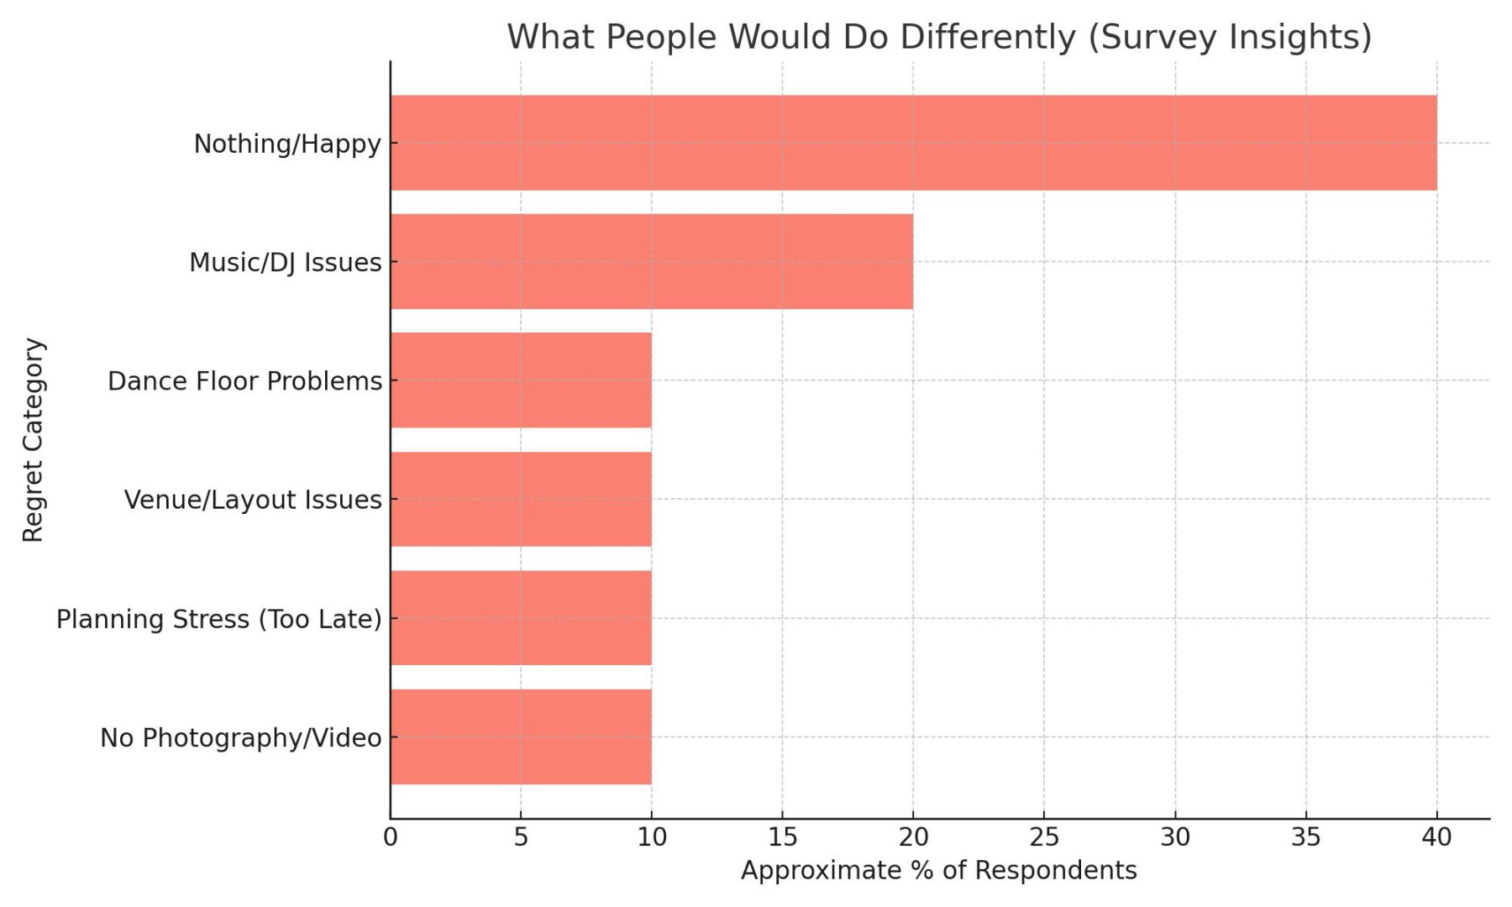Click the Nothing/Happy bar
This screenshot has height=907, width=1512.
tap(913, 143)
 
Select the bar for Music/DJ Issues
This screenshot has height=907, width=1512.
tap(652, 261)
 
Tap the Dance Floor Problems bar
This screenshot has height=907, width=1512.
tap(521, 380)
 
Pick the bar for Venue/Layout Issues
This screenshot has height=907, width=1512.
tap(521, 499)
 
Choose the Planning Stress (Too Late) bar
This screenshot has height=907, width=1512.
tap(521, 618)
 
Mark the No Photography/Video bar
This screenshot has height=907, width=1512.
tap(521, 737)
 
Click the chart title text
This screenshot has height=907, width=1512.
tap(939, 37)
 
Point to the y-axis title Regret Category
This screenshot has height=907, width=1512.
tap(33, 440)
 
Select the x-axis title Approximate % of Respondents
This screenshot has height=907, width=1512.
tap(938, 870)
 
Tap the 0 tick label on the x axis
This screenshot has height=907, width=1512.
tap(390, 837)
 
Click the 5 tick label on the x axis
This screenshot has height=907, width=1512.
tap(521, 837)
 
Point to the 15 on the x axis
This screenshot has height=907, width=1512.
tap(782, 837)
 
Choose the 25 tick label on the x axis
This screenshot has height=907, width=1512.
tap(1044, 837)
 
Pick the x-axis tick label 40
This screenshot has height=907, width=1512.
tap(1436, 837)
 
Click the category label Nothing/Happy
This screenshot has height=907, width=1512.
tap(287, 144)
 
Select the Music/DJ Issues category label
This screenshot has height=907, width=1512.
tap(285, 262)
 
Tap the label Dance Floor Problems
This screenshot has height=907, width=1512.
tap(244, 381)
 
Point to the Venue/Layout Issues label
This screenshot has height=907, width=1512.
tap(253, 500)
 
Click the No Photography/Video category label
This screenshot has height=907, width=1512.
tap(240, 738)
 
